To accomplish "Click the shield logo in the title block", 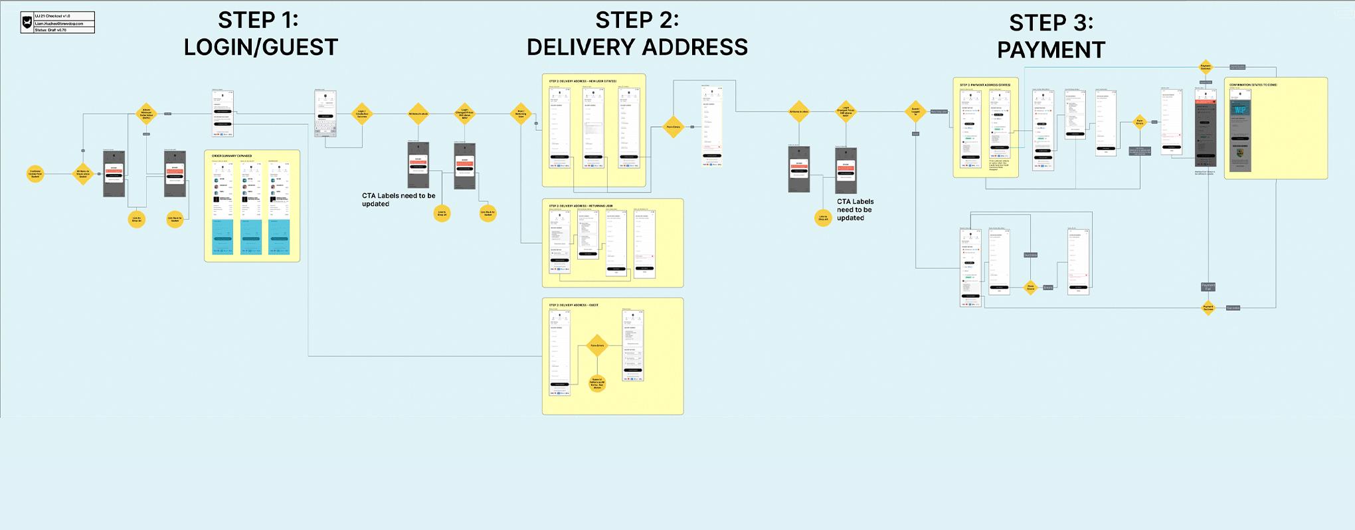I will [x=27, y=22].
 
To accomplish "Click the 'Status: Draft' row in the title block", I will [x=64, y=30].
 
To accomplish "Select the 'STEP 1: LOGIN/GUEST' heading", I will [x=260, y=34].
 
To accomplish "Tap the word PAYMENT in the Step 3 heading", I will [x=1051, y=50].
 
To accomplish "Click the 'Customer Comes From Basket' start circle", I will [x=35, y=174].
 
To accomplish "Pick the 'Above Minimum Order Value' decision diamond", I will [x=146, y=114].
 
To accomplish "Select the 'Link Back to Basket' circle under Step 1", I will [x=175, y=219].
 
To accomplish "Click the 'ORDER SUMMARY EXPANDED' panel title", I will [x=232, y=156].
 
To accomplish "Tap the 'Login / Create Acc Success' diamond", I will [x=362, y=114].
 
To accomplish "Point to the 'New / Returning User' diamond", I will [x=521, y=114].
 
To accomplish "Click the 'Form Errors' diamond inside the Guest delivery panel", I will [x=597, y=345].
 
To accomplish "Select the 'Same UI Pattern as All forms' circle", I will [x=597, y=383].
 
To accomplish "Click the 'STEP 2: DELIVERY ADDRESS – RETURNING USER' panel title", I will [x=581, y=206].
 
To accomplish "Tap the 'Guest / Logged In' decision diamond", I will [x=915, y=112].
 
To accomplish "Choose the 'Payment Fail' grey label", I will [x=1208, y=287].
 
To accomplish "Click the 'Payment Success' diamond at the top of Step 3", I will [x=1206, y=66].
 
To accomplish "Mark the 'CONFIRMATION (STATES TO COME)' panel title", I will [x=1253, y=85].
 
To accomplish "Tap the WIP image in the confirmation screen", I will [x=1239, y=110].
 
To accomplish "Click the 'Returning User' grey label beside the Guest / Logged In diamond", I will [x=939, y=112].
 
